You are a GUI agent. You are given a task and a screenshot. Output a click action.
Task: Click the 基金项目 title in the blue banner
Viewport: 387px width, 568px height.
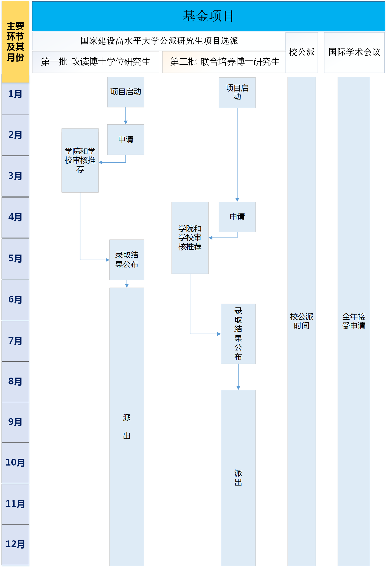tap(208, 16)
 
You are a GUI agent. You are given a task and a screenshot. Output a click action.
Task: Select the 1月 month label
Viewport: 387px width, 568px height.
tap(15, 95)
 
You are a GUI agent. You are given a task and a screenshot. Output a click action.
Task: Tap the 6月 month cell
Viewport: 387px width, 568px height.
tap(15, 300)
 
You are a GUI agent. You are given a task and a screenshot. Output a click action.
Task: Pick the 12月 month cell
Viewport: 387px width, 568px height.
tap(15, 544)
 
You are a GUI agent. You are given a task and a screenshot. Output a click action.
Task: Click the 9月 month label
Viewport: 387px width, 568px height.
tap(15, 422)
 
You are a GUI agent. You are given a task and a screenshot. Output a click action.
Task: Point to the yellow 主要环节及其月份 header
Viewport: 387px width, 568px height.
tap(15, 42)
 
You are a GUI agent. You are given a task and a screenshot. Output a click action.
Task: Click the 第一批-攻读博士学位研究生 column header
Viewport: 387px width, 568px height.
tap(96, 62)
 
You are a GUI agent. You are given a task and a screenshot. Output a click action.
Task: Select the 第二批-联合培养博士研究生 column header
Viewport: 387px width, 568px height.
tap(225, 62)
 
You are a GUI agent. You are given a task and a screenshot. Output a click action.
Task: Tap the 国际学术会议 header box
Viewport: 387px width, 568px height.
tap(354, 52)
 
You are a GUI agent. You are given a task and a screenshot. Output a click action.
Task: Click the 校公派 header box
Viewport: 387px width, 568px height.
tap(302, 52)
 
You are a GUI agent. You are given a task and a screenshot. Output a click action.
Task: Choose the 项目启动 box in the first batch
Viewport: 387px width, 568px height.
tap(126, 92)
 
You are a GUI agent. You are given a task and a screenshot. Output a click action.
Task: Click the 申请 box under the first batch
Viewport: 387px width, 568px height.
tap(126, 140)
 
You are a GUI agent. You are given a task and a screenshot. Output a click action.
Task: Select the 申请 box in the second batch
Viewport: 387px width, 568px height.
tap(237, 217)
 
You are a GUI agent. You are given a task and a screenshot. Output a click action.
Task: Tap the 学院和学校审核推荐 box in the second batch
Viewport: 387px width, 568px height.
tap(190, 238)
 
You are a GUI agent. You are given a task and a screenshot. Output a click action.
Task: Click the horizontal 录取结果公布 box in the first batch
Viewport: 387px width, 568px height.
tap(127, 260)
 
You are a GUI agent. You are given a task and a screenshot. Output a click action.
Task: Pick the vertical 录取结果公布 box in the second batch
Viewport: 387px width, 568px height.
tap(238, 334)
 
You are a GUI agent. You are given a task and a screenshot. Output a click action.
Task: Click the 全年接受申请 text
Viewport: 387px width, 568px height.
tap(354, 321)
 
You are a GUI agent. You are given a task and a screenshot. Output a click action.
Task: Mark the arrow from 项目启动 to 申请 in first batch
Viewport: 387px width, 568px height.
tap(126, 116)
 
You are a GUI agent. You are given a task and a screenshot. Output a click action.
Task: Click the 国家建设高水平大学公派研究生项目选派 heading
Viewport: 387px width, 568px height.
tap(159, 41)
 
